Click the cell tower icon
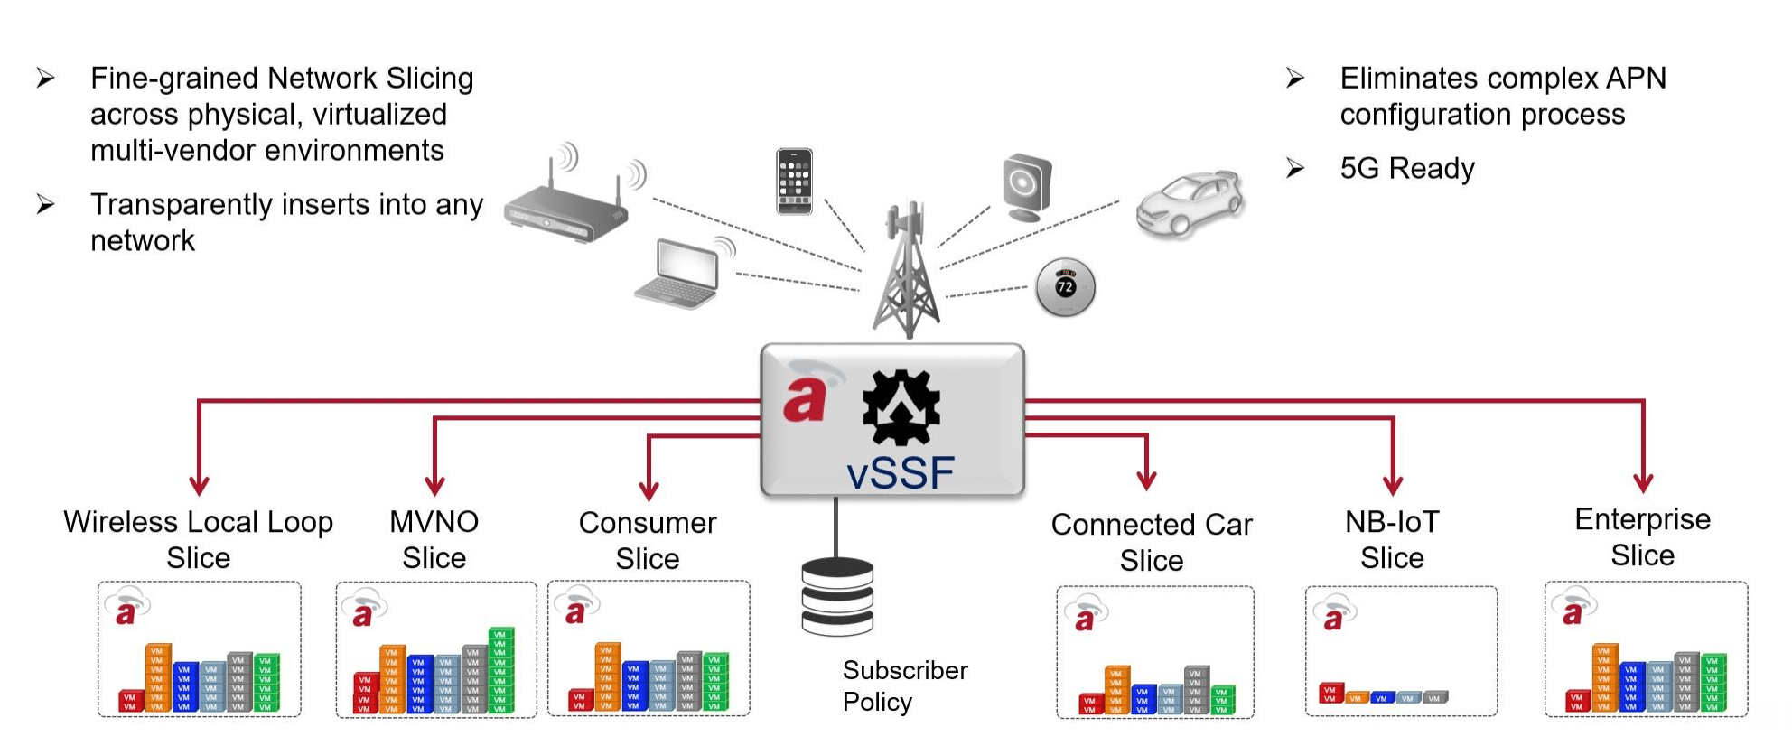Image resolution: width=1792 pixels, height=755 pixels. coord(906,271)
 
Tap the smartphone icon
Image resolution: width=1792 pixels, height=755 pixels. coord(794,182)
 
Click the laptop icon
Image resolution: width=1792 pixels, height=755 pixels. coord(679,273)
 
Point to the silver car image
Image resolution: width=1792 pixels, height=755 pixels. coord(1190,203)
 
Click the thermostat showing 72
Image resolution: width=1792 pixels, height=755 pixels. coord(1065,287)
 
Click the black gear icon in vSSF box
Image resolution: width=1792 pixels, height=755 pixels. coord(901,407)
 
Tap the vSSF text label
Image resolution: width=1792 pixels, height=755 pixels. coord(901,473)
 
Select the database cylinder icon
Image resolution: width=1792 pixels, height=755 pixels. coord(837,596)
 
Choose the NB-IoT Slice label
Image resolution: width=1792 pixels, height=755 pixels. coord(1392,540)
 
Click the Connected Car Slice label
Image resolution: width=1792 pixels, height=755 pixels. coord(1152,542)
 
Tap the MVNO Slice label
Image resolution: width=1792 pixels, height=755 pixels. coord(434,540)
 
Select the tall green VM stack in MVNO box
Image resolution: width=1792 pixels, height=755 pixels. coord(500,670)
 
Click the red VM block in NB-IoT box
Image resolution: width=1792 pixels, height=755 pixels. coord(1330,694)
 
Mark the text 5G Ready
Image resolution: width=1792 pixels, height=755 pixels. coord(1406,168)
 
